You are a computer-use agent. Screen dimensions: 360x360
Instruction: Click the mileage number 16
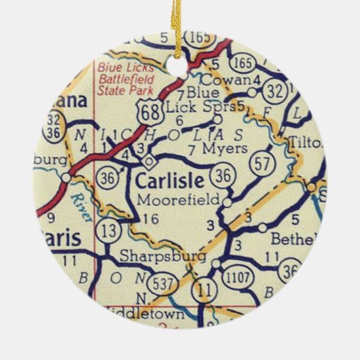pyautogui.click(x=151, y=219)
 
